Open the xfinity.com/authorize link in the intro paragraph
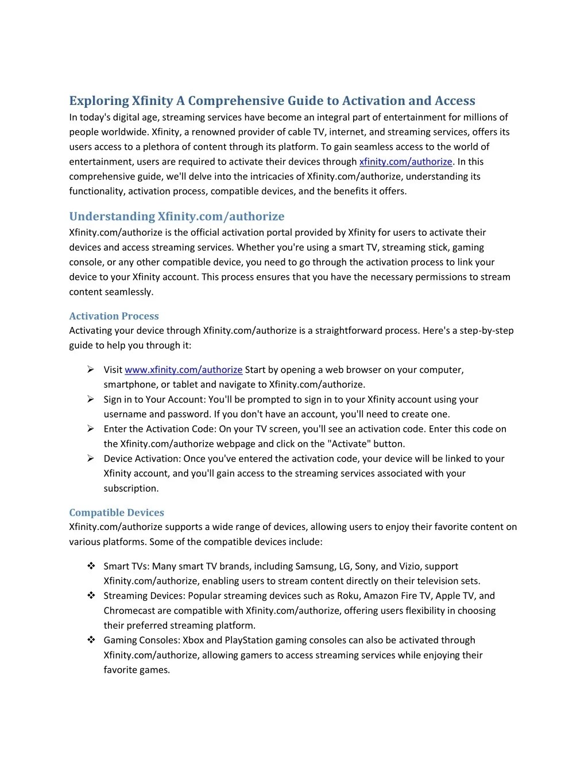[405, 162]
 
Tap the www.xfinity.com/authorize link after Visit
[183, 370]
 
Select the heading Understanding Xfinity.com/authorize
[176, 216]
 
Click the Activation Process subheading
[114, 316]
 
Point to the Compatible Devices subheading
[117, 513]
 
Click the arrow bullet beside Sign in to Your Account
[91, 399]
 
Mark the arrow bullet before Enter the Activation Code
[91, 429]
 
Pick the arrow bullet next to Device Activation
[91, 459]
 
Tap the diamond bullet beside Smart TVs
[91, 566]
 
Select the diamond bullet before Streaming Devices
[91, 596]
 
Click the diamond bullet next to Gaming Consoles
[91, 640]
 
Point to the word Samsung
[314, 567]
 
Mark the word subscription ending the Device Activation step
[131, 489]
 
